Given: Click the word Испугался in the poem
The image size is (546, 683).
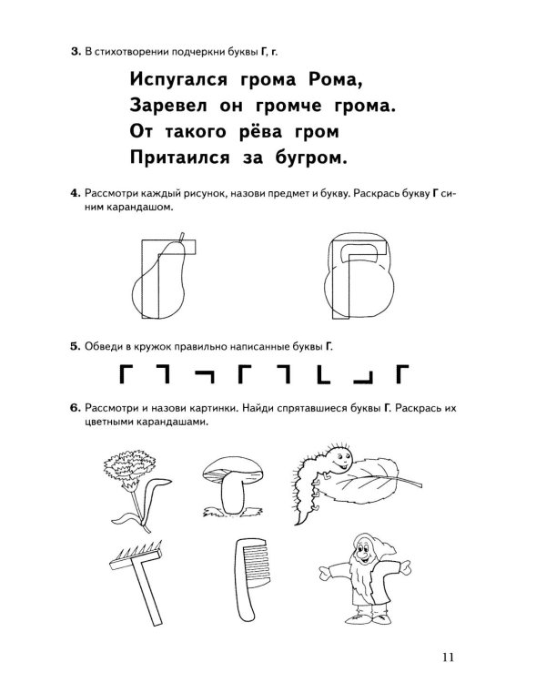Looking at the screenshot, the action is (178, 80).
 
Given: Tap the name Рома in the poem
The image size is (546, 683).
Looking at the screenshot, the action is (335, 80).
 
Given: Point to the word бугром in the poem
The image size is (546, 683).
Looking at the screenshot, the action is (311, 158).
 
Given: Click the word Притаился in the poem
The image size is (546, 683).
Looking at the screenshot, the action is (180, 158).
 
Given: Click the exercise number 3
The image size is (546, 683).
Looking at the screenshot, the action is (76, 52).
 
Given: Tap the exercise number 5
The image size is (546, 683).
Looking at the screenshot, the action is (76, 347).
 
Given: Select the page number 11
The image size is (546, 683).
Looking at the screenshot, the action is (448, 658).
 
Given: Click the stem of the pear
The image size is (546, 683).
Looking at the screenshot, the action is (182, 237).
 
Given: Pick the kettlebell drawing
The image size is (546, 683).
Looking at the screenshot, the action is (359, 276).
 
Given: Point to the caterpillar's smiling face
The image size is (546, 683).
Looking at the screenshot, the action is (340, 458).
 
